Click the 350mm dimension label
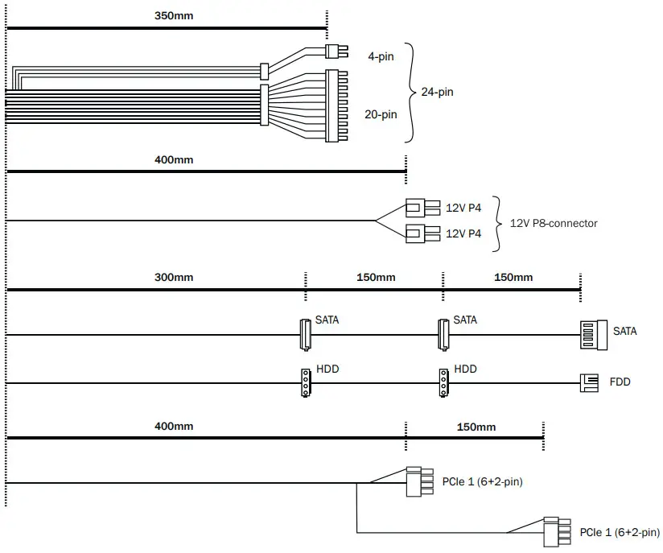(x=174, y=15)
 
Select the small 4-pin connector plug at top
(x=336, y=52)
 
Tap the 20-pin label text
(x=381, y=114)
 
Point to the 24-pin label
(x=437, y=92)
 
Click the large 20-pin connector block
(x=336, y=106)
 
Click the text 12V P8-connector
(x=554, y=223)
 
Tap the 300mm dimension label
(x=174, y=278)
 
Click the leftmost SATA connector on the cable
(x=305, y=334)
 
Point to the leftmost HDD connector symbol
(x=305, y=383)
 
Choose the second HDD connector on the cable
(x=443, y=383)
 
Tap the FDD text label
(x=620, y=382)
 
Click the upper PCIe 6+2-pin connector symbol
(x=418, y=483)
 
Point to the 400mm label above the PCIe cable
(x=174, y=427)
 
